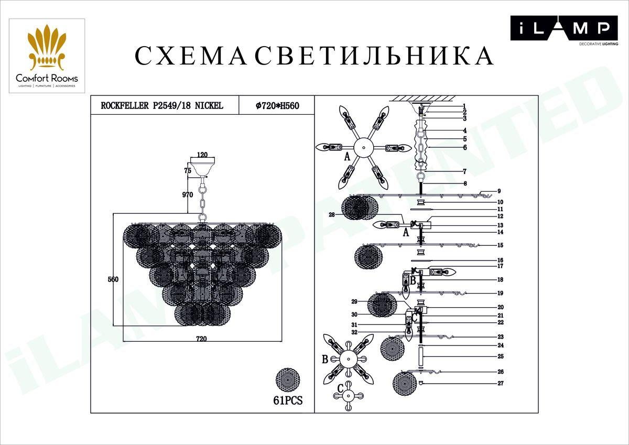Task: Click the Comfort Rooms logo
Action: click(47, 56)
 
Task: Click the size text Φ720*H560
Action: click(277, 105)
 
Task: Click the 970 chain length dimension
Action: click(188, 194)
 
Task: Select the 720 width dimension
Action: click(201, 339)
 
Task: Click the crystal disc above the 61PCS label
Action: click(288, 379)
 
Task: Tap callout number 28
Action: click(331, 214)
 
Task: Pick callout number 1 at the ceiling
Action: click(464, 106)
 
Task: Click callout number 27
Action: click(500, 384)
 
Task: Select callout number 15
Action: click(500, 245)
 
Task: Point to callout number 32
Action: click(354, 332)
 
